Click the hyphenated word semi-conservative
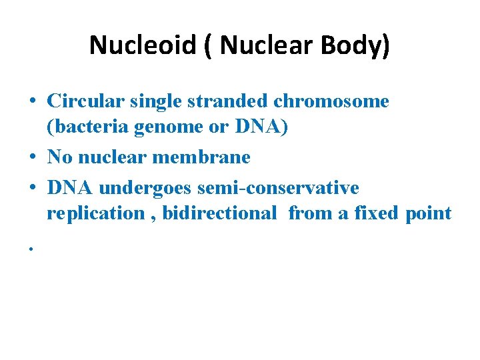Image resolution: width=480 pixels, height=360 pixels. (278, 188)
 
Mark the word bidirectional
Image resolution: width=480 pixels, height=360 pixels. (219, 213)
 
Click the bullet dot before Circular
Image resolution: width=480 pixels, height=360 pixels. (32, 103)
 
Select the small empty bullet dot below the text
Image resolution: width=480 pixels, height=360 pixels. (31, 249)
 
